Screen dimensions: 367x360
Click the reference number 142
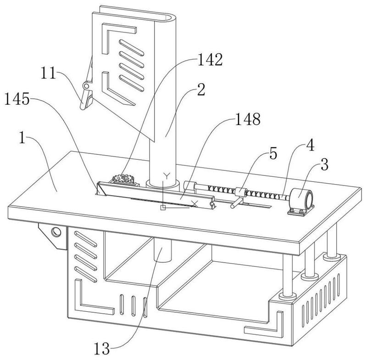[x=210, y=60]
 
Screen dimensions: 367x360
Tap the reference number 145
[x=17, y=99]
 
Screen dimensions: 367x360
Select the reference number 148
[x=248, y=119]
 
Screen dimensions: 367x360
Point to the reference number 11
[x=49, y=73]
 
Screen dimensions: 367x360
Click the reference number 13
[x=102, y=349]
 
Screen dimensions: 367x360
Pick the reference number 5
[x=273, y=154]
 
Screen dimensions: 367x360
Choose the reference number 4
[x=310, y=145]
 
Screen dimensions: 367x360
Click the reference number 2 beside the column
[x=201, y=90]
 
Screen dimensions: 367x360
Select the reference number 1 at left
[x=22, y=138]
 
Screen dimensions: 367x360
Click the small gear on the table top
[x=122, y=180]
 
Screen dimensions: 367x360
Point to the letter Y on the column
[x=167, y=176]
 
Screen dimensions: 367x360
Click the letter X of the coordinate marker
[x=195, y=204]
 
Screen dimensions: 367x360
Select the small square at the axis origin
[x=163, y=208]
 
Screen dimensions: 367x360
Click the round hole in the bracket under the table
[x=56, y=232]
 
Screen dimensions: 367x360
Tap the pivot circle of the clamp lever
[x=86, y=86]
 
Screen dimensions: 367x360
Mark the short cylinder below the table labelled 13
[x=163, y=251]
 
